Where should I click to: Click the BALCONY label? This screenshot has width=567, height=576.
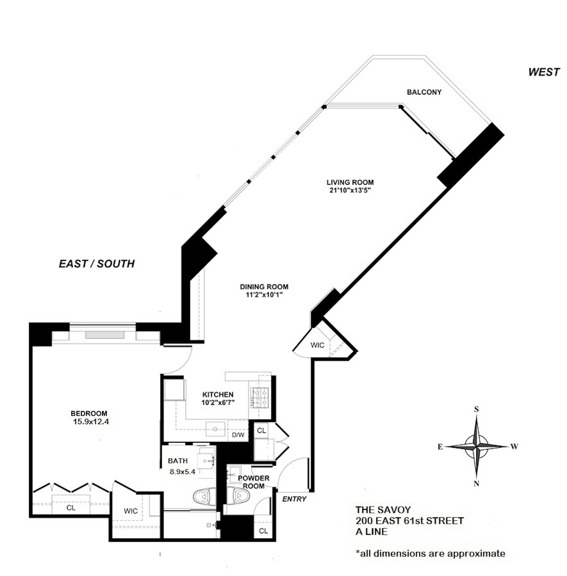click(x=424, y=92)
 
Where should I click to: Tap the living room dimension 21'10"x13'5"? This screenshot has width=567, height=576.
click(x=350, y=190)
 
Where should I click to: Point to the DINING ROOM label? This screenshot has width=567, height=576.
click(x=264, y=287)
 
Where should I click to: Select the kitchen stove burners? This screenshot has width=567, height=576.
click(x=260, y=398)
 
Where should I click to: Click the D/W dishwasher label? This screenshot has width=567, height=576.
click(x=238, y=435)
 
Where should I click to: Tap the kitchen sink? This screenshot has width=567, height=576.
click(x=215, y=429)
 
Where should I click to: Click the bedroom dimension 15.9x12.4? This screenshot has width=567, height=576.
click(x=91, y=422)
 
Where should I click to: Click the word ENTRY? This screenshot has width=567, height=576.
click(x=294, y=499)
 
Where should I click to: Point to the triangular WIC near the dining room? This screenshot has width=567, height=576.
click(x=317, y=345)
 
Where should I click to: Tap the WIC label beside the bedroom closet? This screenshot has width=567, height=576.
click(x=130, y=511)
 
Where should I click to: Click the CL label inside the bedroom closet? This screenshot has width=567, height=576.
click(x=71, y=508)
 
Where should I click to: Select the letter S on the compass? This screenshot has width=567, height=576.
click(x=476, y=409)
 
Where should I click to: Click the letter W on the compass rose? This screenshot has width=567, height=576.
click(x=514, y=446)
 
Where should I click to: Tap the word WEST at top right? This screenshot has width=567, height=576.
click(x=544, y=72)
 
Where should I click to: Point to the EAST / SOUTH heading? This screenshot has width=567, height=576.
click(x=96, y=264)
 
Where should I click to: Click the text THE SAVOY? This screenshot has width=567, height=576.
click(x=383, y=510)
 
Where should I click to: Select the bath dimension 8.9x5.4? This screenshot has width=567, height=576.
click(x=183, y=472)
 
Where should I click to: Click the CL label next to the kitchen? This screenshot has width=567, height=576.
click(x=262, y=430)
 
